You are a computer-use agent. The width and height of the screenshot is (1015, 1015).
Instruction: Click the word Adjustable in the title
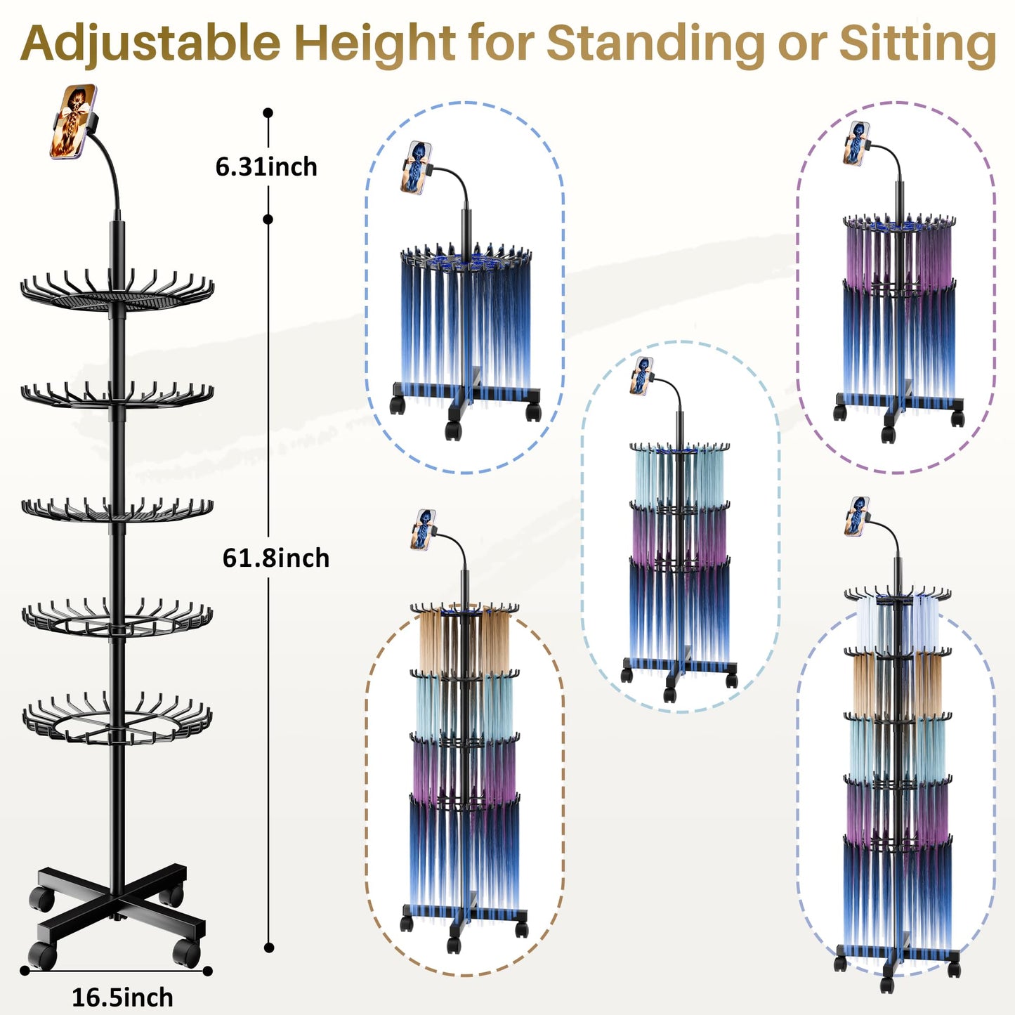click(x=150, y=44)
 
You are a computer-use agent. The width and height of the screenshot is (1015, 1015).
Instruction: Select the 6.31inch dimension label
click(x=266, y=167)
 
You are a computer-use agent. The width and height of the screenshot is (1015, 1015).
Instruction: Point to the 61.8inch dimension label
click(x=276, y=558)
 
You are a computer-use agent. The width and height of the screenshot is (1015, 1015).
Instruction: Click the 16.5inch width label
click(x=122, y=997)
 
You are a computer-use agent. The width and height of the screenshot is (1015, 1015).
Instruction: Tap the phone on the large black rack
click(x=73, y=121)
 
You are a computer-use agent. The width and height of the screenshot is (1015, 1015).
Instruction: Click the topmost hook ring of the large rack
click(x=117, y=292)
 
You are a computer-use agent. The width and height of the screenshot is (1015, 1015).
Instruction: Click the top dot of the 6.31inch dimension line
click(x=268, y=112)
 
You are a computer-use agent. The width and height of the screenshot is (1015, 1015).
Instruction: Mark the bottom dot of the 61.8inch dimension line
click(x=268, y=948)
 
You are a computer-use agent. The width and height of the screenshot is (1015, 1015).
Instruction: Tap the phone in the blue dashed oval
click(x=416, y=167)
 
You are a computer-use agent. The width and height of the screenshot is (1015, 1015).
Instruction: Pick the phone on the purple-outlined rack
click(x=856, y=143)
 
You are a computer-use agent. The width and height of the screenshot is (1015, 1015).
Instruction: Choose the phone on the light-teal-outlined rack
click(x=641, y=376)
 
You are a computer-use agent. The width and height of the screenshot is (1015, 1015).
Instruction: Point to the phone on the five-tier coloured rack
click(x=856, y=516)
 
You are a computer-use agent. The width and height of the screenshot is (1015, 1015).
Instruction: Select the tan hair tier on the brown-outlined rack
click(x=464, y=641)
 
